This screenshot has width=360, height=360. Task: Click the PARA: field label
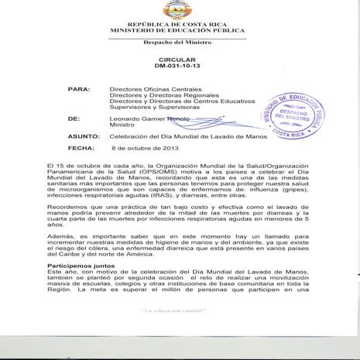tap(79, 90)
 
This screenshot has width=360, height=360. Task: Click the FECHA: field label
tap(81, 146)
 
